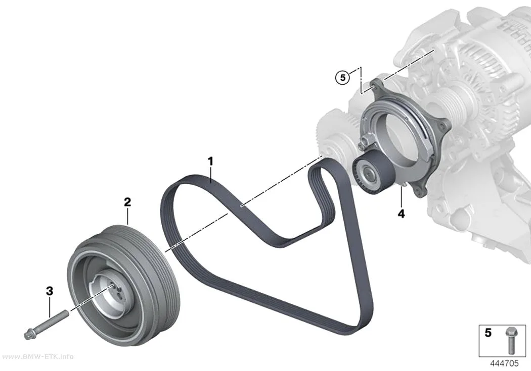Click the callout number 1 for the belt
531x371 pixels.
[x=211, y=162]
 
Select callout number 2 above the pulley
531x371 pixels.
[x=127, y=202]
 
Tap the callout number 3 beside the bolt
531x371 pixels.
[x=50, y=291]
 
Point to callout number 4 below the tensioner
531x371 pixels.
[x=402, y=214]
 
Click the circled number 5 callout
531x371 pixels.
[x=343, y=78]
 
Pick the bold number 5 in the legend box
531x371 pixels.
[x=488, y=333]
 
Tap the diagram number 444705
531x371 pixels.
[x=504, y=363]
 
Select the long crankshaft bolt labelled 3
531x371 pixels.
[x=47, y=324]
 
